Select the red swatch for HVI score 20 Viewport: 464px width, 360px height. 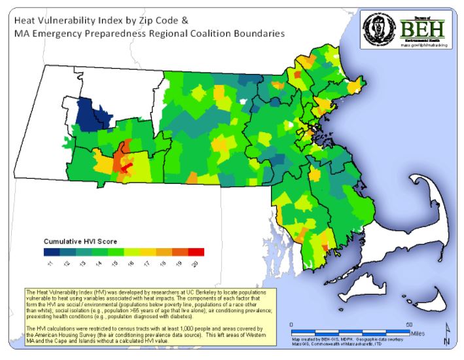(x=196, y=252)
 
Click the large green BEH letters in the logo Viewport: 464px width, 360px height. (x=422, y=29)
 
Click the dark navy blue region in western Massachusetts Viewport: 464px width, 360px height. (x=86, y=114)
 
